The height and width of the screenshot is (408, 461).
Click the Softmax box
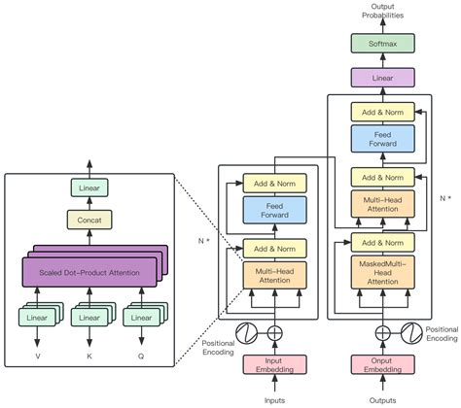click(382, 44)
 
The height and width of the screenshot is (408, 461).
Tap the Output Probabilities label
click(382, 12)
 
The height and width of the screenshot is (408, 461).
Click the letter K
click(89, 357)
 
